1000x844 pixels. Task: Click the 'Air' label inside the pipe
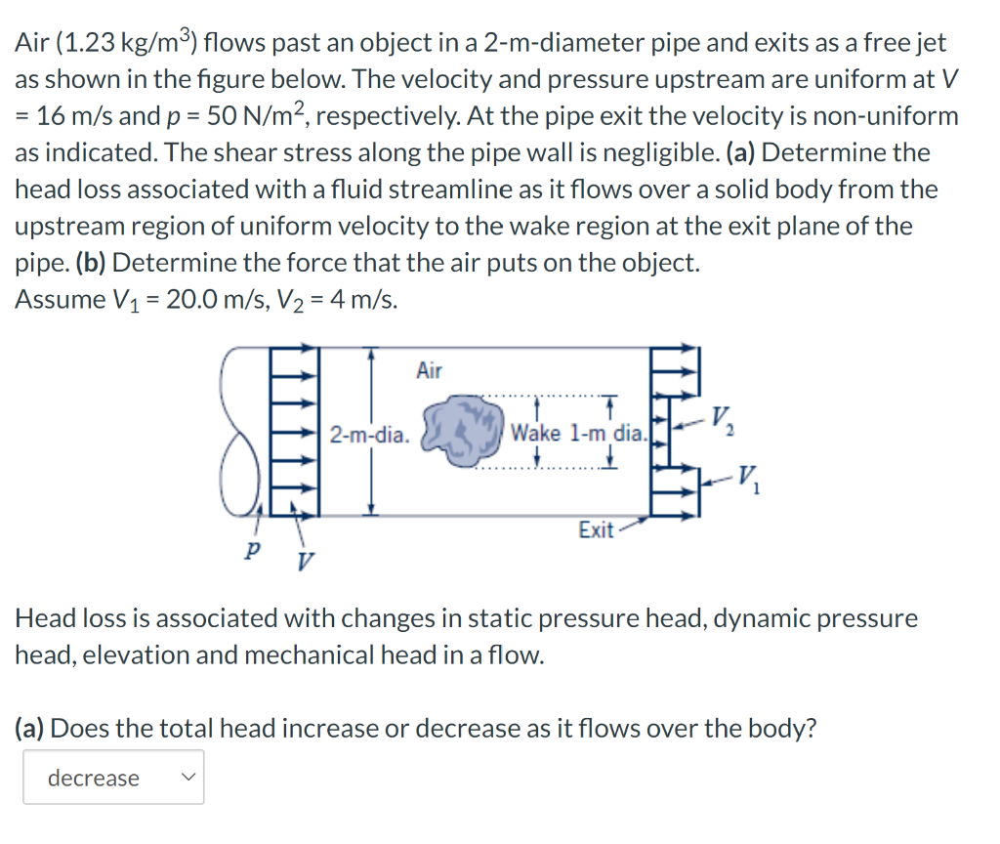pos(429,370)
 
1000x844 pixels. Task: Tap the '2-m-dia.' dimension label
pos(369,434)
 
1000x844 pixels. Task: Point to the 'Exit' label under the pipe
pos(596,530)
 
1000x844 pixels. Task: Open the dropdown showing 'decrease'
pos(113,778)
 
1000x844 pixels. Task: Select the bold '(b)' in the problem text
pos(91,263)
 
